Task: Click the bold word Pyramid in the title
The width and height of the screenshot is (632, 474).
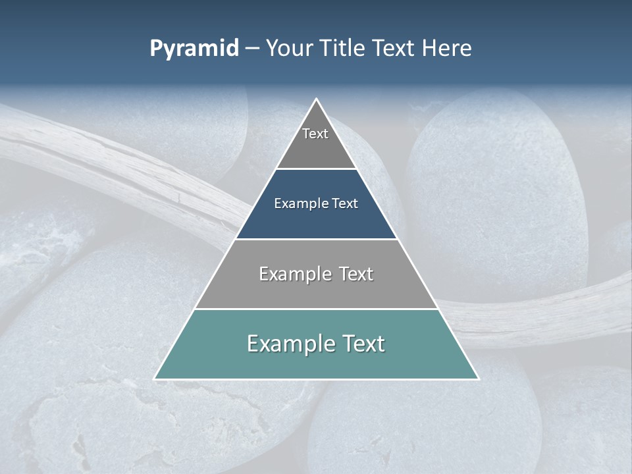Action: coord(194,49)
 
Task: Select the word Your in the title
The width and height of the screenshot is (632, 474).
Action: coord(288,49)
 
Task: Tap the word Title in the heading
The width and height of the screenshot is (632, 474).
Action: coord(342,49)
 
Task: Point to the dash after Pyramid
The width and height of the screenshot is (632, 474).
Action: coord(252,49)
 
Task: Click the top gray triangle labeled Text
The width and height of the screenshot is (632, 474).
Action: coord(316,148)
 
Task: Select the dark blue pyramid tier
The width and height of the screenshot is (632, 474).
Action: coord(316,221)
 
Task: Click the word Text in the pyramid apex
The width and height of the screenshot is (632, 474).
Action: coord(315,134)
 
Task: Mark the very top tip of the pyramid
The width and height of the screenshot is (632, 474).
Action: coord(317,100)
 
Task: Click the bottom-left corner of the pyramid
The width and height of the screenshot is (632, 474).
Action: coord(155,379)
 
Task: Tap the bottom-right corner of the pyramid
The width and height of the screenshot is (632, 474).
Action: coord(478,379)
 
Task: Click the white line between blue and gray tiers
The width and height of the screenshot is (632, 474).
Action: coord(316,239)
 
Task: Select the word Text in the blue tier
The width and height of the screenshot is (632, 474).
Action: coord(345,203)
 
